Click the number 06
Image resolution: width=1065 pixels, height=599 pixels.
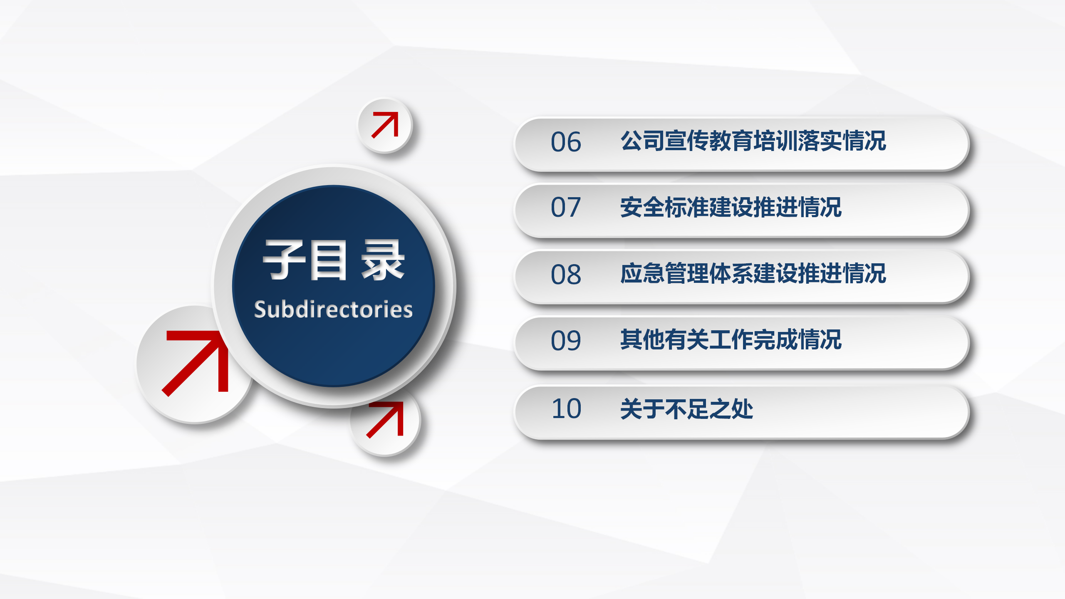click(x=566, y=142)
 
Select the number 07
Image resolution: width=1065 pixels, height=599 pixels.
click(x=566, y=207)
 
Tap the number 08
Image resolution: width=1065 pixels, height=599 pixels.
click(x=566, y=275)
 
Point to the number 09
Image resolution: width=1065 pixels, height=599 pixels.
click(x=566, y=341)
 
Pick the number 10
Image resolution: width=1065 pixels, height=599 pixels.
click(x=566, y=408)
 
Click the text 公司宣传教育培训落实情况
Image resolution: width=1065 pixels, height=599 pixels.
click(x=753, y=141)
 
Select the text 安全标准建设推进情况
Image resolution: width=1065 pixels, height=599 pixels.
click(x=731, y=207)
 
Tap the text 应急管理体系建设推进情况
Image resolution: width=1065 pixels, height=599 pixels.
click(x=753, y=273)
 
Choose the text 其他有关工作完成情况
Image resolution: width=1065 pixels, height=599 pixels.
click(x=731, y=339)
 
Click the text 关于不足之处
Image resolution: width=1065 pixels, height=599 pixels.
click(x=686, y=408)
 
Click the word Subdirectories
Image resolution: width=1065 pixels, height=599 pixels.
click(x=333, y=309)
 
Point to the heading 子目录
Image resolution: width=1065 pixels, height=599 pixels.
click(x=334, y=260)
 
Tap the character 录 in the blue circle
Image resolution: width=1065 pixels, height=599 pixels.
click(x=383, y=260)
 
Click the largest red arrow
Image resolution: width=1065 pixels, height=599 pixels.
click(x=195, y=363)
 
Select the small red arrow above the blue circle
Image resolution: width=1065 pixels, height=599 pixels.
click(x=385, y=125)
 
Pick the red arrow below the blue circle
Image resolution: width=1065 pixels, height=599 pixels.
click(x=385, y=420)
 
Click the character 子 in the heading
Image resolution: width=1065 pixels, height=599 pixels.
click(x=284, y=260)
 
